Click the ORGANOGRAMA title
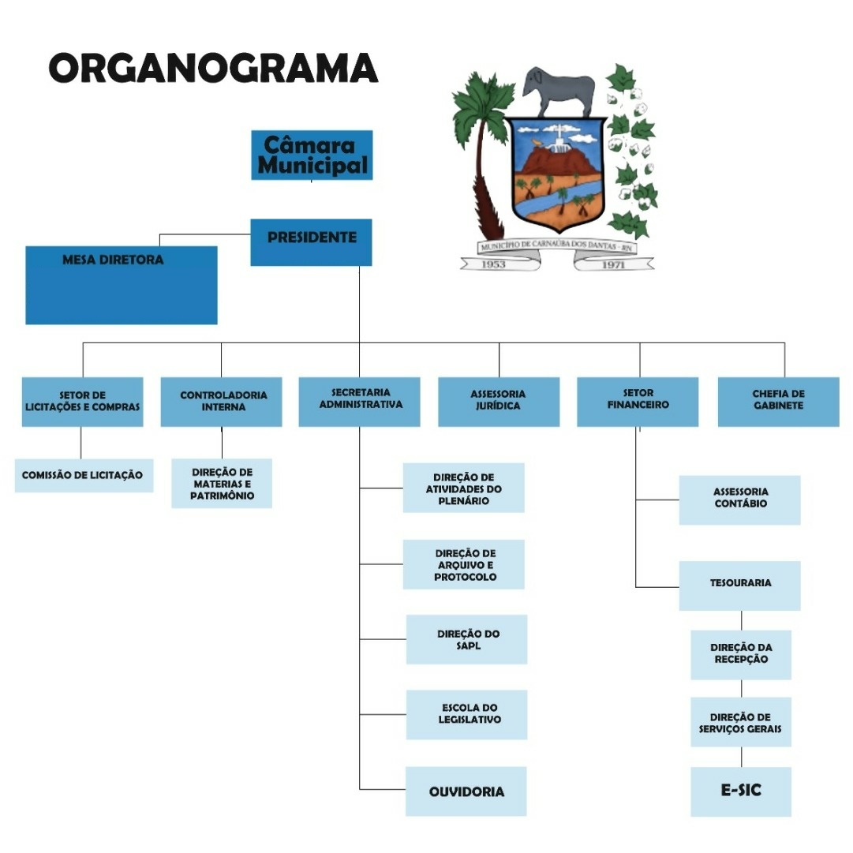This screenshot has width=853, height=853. pyautogui.click(x=213, y=68)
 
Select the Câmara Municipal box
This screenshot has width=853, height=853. pyautogui.click(x=312, y=155)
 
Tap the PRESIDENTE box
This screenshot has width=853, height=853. pyautogui.click(x=312, y=241)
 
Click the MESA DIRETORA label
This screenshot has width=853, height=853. pyautogui.click(x=113, y=260)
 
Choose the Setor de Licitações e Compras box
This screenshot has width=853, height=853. pyautogui.click(x=82, y=402)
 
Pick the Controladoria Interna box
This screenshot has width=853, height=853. pyautogui.click(x=222, y=402)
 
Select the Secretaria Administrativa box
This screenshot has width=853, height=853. pyautogui.click(x=360, y=402)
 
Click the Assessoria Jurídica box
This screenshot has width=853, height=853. pyautogui.click(x=499, y=402)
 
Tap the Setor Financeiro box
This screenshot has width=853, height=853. pyautogui.click(x=638, y=402)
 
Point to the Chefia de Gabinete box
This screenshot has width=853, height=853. pyautogui.click(x=778, y=402)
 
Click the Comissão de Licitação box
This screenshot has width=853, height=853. pyautogui.click(x=83, y=475)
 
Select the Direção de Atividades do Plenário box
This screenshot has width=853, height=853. pyautogui.click(x=464, y=488)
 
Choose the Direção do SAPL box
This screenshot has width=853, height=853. pyautogui.click(x=467, y=639)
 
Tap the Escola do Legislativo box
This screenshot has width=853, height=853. pyautogui.click(x=467, y=714)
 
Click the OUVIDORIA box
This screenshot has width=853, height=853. pyautogui.click(x=466, y=791)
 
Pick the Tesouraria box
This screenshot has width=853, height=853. pyautogui.click(x=740, y=585)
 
